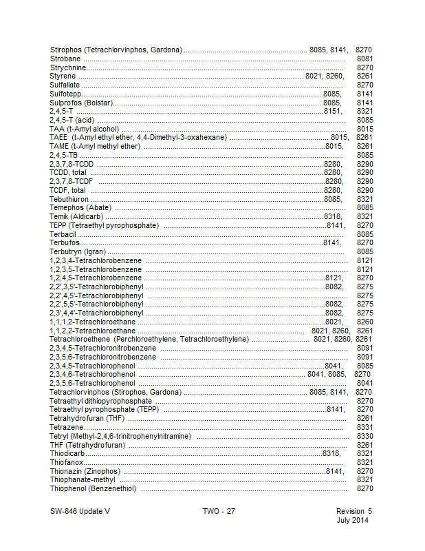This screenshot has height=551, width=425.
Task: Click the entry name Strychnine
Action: pos(66,67)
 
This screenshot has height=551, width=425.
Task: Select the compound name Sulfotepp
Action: pos(65,93)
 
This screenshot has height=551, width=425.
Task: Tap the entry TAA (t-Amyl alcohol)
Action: pos(85,128)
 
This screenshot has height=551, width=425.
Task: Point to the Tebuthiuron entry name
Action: pos(69,199)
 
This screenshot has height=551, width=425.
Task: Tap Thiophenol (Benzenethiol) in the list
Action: pos(93,489)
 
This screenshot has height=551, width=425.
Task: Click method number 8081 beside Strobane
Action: pos(365,59)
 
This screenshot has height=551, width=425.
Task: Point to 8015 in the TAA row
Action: pos(365,128)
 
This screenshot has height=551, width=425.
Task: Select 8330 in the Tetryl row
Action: pos(365,436)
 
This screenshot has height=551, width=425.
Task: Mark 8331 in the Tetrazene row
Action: pos(365,428)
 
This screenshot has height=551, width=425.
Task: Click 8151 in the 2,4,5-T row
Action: pos(332,111)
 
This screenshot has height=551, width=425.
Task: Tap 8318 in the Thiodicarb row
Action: pos(331,454)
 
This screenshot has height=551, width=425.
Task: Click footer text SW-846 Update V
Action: pos(80,511)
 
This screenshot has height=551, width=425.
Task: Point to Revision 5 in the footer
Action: pos(353,511)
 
